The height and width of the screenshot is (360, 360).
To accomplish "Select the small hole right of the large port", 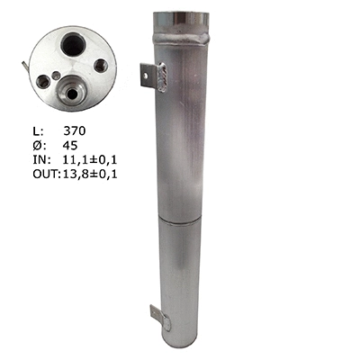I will coord(100,66).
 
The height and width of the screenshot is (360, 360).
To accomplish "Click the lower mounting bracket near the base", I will coord(159,316).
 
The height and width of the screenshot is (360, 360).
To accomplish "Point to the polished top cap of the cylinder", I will coord(187,21).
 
